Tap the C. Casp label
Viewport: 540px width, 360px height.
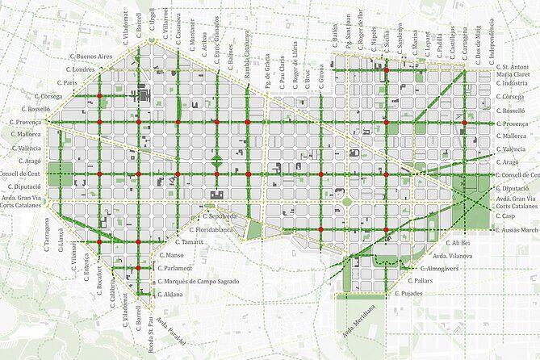click(505, 216)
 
